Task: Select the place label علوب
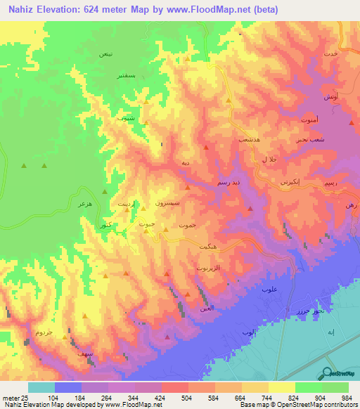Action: [x=267, y=290]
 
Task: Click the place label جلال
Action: [x=269, y=161]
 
